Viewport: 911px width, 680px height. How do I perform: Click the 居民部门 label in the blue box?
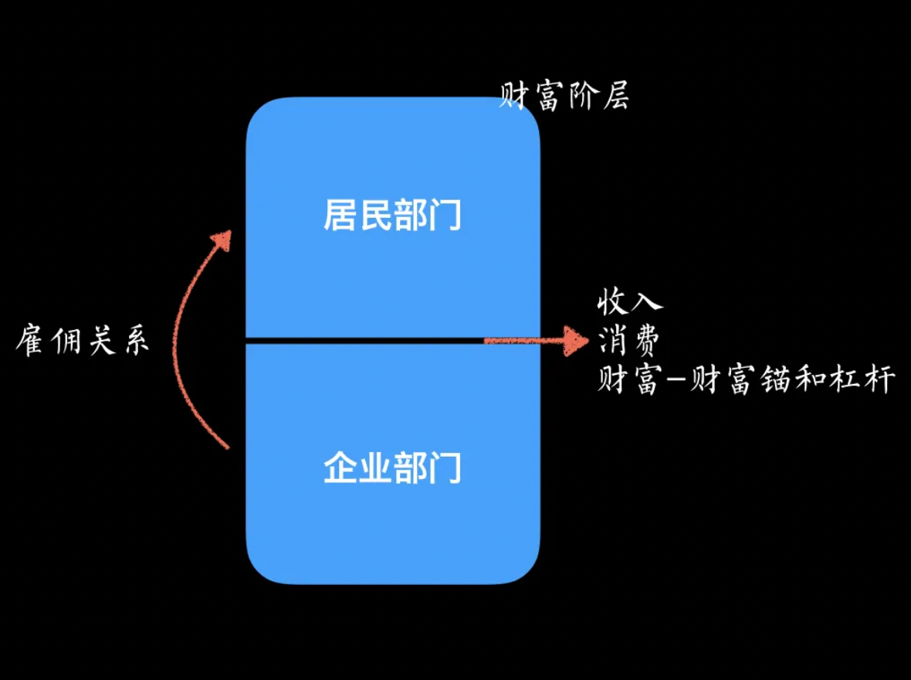[391, 215]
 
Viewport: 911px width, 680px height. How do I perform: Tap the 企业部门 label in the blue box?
[391, 467]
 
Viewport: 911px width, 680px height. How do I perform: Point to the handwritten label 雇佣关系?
[82, 341]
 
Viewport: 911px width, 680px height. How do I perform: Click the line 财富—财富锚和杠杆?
[746, 380]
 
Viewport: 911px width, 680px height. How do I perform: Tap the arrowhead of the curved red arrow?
[223, 241]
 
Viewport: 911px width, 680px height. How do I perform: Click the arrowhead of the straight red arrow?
[577, 340]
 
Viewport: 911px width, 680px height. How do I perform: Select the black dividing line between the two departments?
[363, 340]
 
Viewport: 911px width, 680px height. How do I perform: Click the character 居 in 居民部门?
[340, 215]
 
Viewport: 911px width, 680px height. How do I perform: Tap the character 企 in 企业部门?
[340, 467]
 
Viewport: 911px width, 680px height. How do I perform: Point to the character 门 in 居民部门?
[445, 215]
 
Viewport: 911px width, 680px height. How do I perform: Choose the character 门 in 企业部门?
[445, 467]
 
